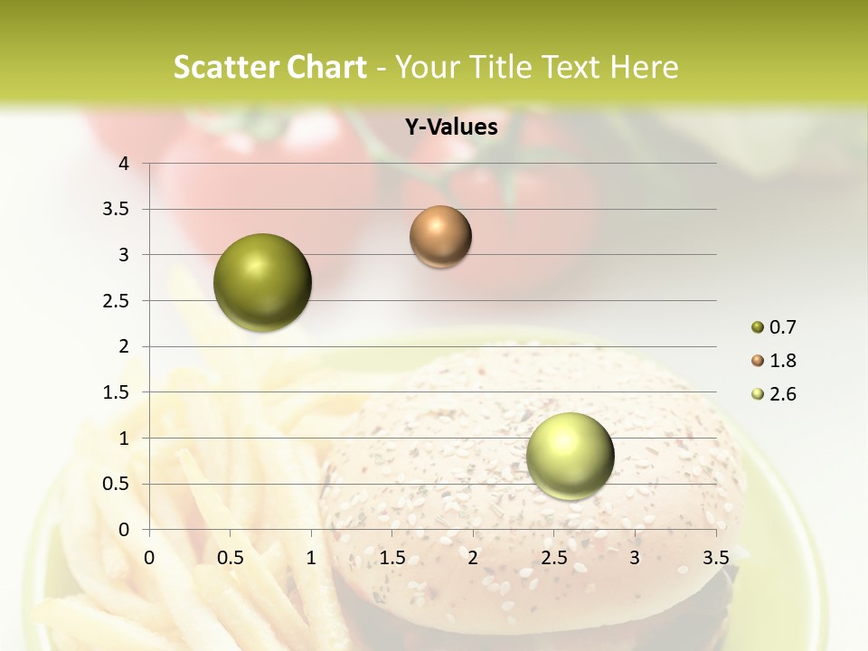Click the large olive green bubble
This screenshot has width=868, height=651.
click(263, 282)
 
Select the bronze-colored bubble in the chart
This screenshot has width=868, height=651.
click(440, 237)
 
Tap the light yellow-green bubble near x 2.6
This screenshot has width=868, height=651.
click(570, 456)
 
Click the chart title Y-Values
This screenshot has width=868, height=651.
click(450, 127)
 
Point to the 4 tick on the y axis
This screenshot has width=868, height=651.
click(124, 164)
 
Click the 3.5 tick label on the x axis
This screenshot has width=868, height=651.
click(715, 557)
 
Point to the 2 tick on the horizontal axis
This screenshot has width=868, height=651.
click(473, 557)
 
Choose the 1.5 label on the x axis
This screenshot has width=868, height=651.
click(392, 557)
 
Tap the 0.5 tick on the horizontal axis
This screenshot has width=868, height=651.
click(231, 557)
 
